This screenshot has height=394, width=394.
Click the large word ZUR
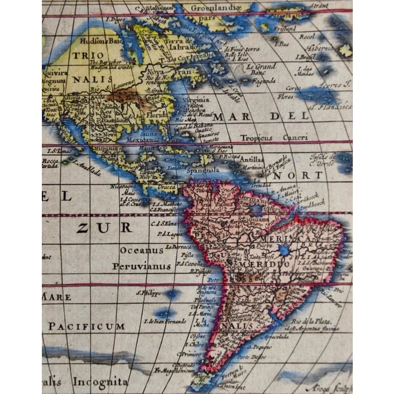(x=104, y=227)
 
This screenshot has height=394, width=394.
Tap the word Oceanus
(x=142, y=250)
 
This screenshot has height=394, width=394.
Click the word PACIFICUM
(x=87, y=326)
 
